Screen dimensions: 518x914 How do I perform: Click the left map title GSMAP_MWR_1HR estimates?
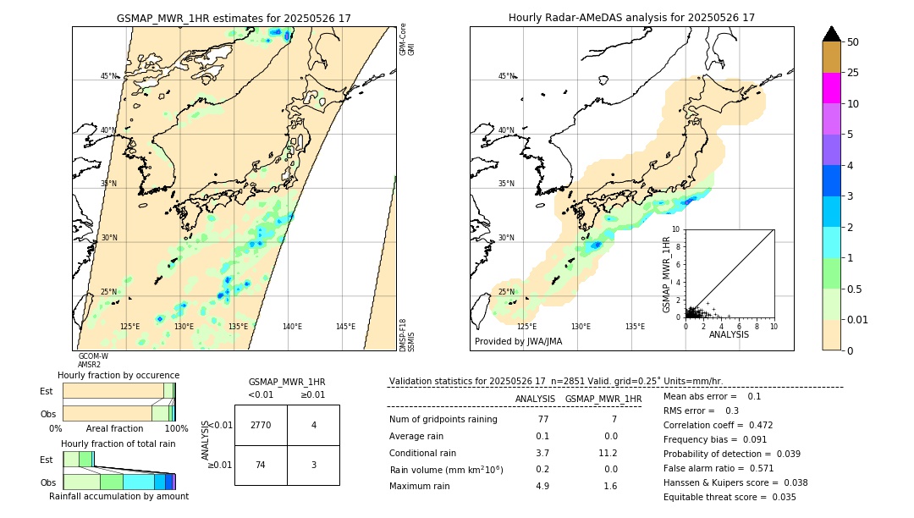point(234,18)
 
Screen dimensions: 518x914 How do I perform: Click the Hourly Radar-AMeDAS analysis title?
point(631,18)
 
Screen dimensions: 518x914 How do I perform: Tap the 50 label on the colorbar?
point(853,42)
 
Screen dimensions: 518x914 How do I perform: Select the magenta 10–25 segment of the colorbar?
point(831,88)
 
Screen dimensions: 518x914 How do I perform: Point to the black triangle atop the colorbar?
point(831,34)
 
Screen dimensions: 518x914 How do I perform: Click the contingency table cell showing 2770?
point(261,425)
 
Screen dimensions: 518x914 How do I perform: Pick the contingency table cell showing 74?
point(261,465)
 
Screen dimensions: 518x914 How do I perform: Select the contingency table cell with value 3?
point(313,465)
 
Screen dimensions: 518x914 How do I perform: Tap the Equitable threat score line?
point(730,497)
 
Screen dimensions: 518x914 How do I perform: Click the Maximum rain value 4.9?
point(542,486)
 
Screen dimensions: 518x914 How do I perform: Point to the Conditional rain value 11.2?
point(608,453)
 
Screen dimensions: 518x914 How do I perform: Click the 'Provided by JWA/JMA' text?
point(518,342)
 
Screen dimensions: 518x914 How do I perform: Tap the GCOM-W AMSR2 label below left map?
point(93,361)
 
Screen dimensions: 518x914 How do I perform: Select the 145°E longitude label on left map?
point(345,327)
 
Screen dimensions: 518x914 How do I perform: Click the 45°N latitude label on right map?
point(506,76)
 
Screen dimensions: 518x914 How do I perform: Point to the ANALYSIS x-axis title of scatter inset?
point(729,334)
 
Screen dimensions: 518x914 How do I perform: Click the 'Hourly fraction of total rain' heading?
point(118,444)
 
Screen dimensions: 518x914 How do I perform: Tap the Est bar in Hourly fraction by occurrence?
point(118,390)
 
